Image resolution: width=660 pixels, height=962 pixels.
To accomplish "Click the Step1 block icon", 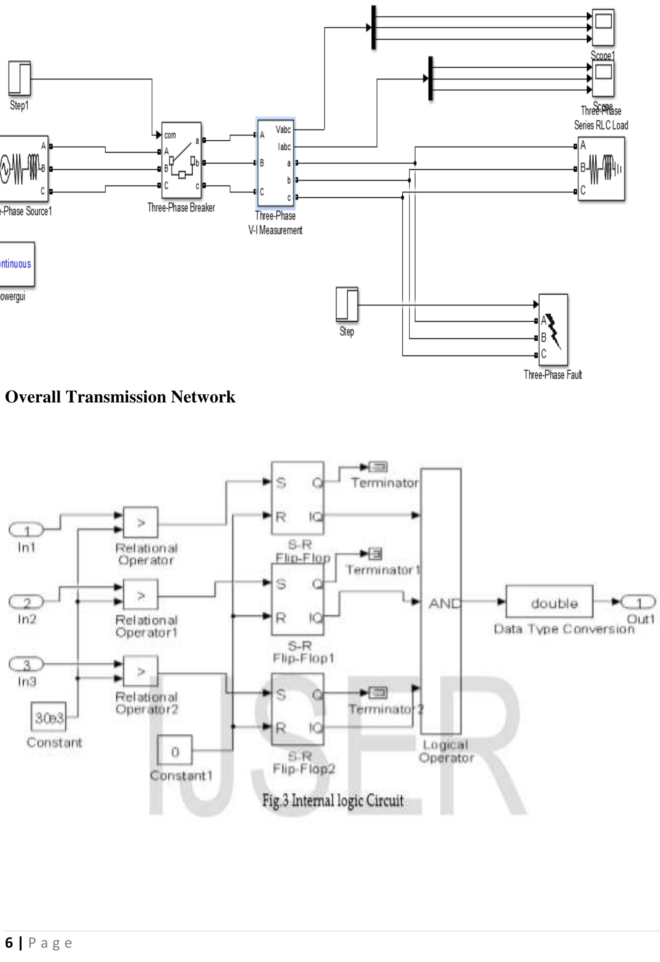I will [20, 78].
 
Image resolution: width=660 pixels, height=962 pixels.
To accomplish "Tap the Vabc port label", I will [283, 130].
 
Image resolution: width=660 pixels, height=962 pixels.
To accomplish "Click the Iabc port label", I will [284, 147].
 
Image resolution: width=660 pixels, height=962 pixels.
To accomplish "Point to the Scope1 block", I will [603, 27].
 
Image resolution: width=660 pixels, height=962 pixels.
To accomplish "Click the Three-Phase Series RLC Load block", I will [601, 169].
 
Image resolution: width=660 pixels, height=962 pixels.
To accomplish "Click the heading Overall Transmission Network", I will [120, 397].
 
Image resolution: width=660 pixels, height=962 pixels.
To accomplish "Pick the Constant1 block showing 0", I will [174, 752].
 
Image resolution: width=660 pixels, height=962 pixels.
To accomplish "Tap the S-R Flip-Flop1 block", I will [297, 599].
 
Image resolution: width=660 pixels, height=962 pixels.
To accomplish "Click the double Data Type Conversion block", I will [549, 602].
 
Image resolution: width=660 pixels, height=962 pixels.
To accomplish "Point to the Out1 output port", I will [638, 602].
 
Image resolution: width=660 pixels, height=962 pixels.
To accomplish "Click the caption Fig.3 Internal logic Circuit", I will [333, 801].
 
